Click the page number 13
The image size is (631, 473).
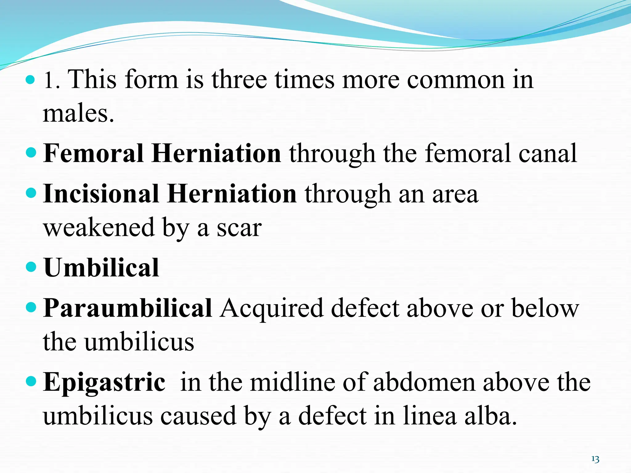tap(595, 459)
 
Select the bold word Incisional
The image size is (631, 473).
tap(101, 194)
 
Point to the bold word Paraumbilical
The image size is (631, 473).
tap(127, 308)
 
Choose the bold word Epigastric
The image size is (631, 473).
tap(104, 382)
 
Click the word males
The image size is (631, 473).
tap(78, 113)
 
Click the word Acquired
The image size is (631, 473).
tap(271, 309)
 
